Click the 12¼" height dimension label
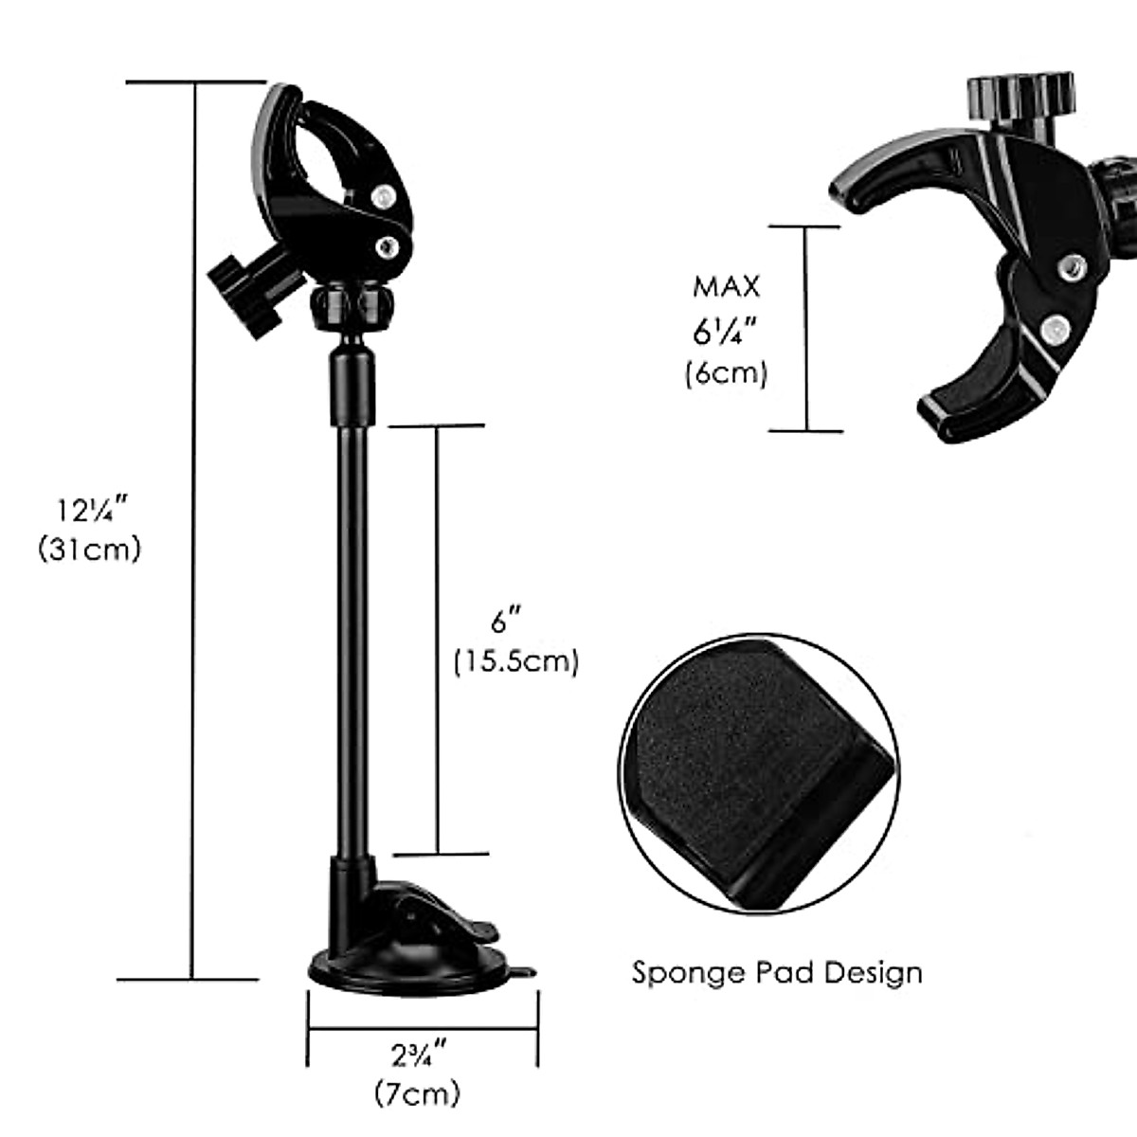[x=89, y=512]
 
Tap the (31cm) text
[x=89, y=549]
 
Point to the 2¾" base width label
[x=419, y=1053]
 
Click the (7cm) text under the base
[x=417, y=1092]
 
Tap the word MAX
[x=727, y=286]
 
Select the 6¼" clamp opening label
[x=727, y=332]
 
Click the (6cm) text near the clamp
[x=727, y=372]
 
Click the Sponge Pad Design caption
[x=777, y=972]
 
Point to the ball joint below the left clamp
[x=351, y=306]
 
